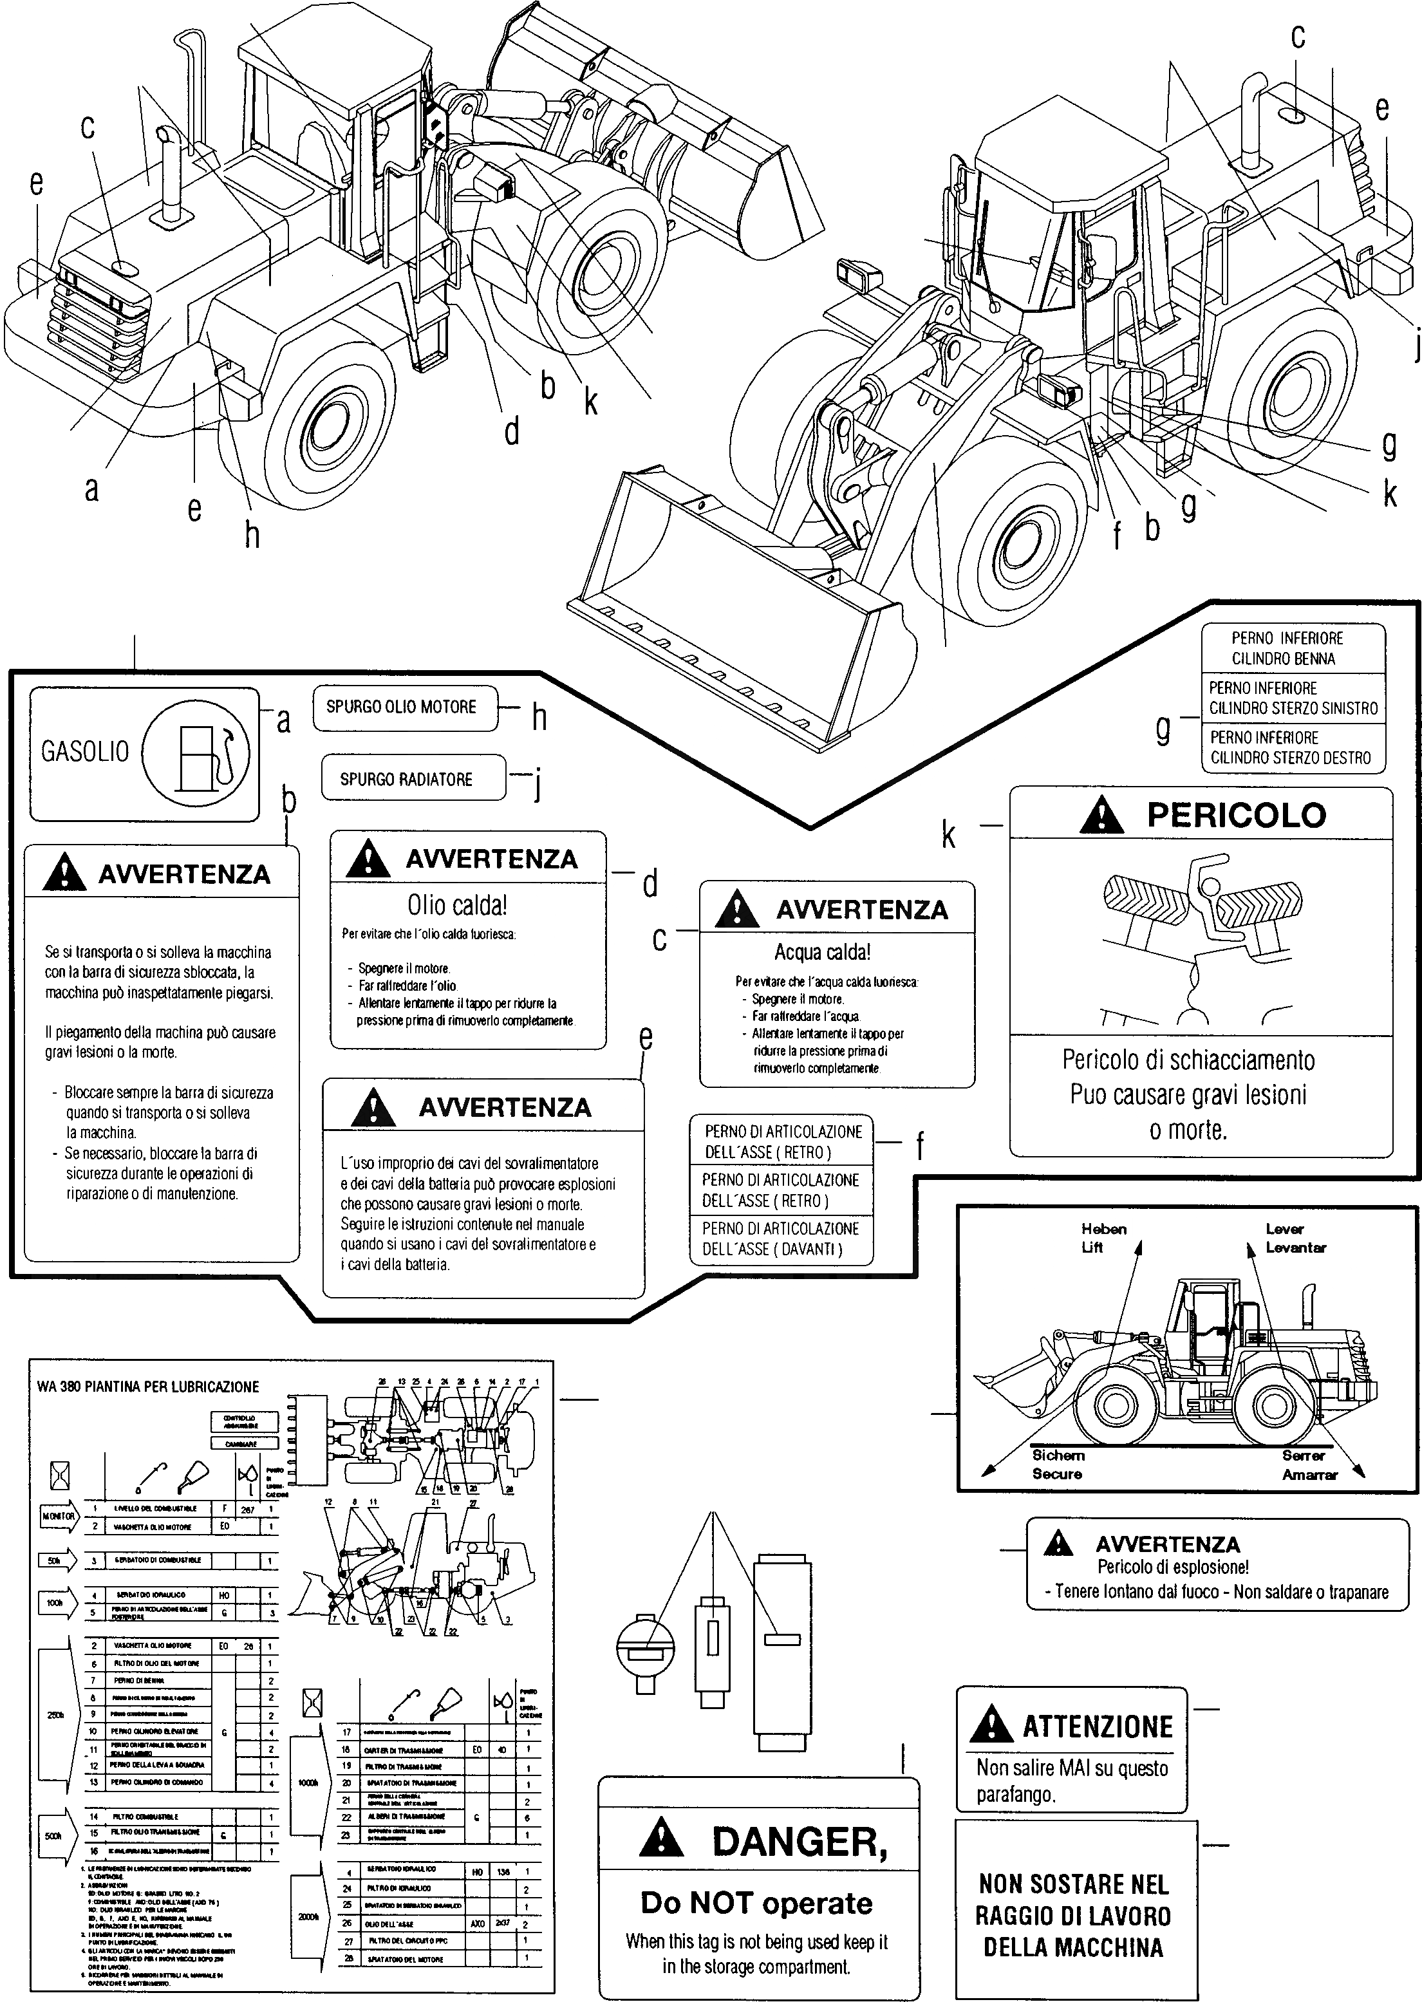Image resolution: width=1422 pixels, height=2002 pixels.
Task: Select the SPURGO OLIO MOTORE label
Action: [401, 706]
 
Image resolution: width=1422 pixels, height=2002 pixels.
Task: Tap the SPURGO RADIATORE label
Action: [406, 779]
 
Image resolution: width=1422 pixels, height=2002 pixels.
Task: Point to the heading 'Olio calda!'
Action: [457, 904]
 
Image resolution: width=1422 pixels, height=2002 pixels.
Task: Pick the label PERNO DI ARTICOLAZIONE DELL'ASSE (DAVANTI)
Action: [780, 1239]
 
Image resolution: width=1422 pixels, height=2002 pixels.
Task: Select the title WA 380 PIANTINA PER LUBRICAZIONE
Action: [148, 1387]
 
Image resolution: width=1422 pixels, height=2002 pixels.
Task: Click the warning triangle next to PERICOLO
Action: [1101, 816]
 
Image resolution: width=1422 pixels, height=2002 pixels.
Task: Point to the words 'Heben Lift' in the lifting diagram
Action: [1103, 1238]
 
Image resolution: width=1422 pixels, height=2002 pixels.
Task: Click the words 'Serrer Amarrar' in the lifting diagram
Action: [1309, 1464]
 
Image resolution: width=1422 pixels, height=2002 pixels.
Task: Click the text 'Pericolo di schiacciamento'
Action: [1188, 1060]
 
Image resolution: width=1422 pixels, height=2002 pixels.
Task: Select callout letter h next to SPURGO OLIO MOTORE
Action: [539, 718]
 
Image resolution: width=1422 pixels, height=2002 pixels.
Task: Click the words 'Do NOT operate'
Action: [756, 1903]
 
